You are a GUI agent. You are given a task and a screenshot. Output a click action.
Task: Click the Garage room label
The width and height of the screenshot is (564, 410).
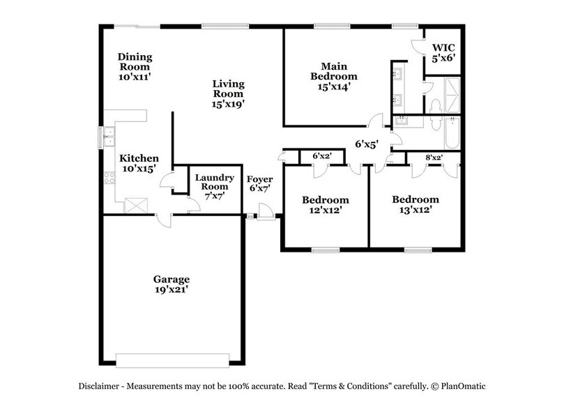point(172,280)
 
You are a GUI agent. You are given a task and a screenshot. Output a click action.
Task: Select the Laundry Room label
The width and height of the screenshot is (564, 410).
point(214,183)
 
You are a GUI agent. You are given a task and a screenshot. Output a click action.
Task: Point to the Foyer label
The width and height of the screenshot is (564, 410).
point(260,179)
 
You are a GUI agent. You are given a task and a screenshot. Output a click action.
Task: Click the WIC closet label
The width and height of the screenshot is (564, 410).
point(443,49)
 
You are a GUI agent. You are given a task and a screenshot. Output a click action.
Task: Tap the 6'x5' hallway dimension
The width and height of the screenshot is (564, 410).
point(366,145)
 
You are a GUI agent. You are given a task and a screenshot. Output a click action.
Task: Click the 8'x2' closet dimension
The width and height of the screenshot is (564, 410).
point(433,158)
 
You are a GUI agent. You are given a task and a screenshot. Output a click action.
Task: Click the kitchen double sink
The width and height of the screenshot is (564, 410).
point(109,139)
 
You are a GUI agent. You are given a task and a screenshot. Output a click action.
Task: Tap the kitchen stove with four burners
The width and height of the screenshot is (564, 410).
point(109,178)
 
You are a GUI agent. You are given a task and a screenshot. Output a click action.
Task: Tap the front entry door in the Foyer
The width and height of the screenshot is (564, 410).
point(265,212)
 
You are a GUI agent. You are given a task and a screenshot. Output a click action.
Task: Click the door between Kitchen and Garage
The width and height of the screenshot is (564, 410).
point(162,220)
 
